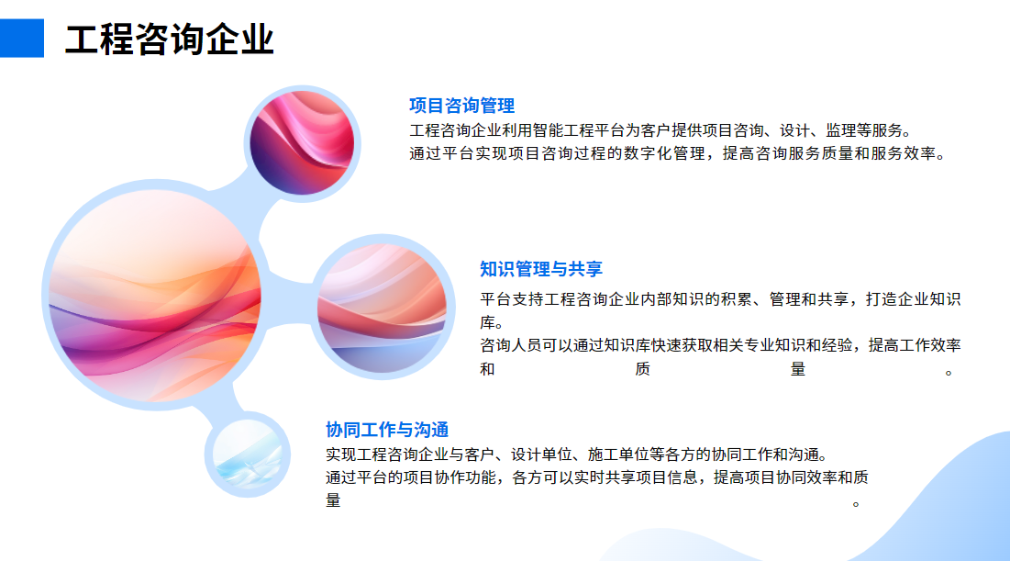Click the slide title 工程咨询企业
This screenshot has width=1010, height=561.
coord(170,39)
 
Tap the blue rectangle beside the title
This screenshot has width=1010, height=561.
coord(22,38)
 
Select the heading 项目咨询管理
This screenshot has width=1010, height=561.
coord(461,106)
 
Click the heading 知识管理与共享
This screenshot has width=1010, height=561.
coord(541,269)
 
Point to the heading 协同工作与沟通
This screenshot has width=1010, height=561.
coord(387,430)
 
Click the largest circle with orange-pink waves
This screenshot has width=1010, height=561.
coord(155,296)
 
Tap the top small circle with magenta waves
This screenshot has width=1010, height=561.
coord(302,143)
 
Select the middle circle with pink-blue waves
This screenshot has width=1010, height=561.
coord(383,307)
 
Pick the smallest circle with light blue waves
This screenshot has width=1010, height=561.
coord(248,454)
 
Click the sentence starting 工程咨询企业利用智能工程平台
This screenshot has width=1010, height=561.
coord(661,131)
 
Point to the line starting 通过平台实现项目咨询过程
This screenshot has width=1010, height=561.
coord(678,154)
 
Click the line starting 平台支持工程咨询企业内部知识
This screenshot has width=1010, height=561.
coord(720,299)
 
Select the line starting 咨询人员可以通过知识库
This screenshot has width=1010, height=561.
coord(720,345)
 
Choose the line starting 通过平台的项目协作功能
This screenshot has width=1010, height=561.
coord(597,477)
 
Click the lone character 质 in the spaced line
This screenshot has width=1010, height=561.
coord(642,369)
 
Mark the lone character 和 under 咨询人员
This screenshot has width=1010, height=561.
coord(488,369)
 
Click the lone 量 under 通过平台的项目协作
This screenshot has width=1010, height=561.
coord(333,500)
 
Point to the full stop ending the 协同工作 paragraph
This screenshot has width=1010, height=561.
coord(856,504)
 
